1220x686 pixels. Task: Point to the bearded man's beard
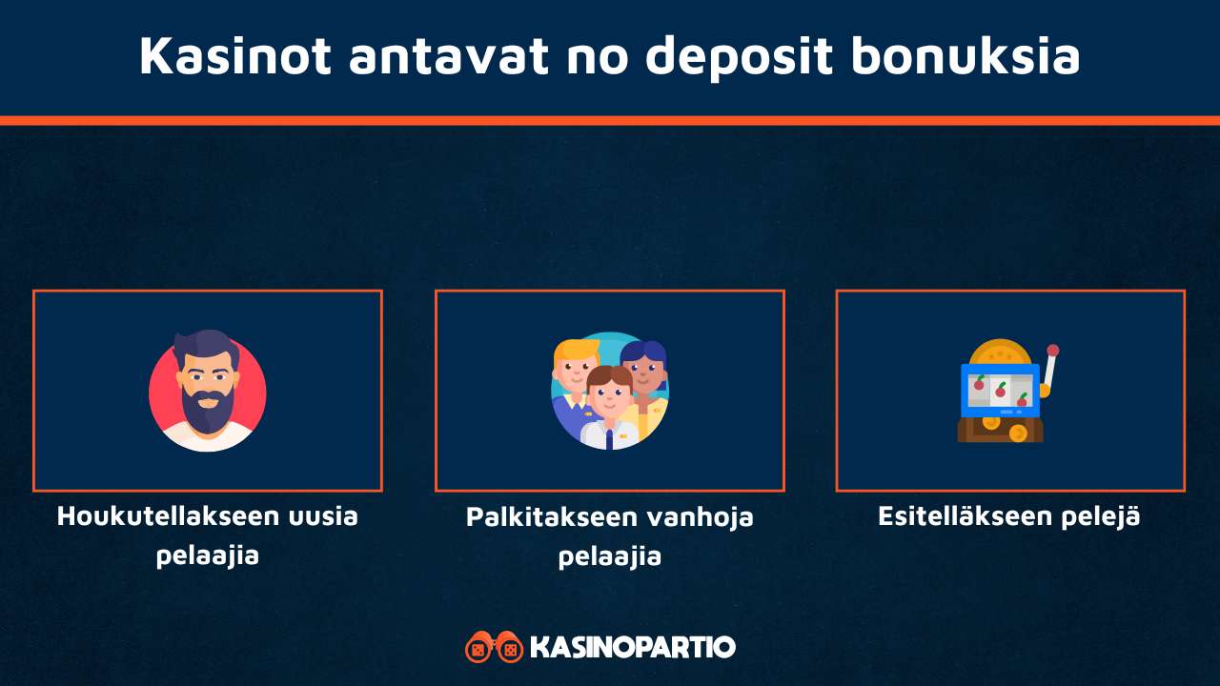coord(207,408)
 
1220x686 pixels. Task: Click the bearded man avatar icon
coord(208,391)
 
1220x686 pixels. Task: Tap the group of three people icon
coord(610,391)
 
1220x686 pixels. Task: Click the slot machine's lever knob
coord(1053,351)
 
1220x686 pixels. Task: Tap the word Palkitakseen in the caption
coord(550,517)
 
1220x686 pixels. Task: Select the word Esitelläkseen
coord(968,516)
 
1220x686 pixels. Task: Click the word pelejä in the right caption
coord(1104,516)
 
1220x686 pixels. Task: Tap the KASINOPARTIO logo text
coord(632,648)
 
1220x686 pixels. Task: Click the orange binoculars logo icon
coord(494,647)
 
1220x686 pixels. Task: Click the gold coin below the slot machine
coord(1017,434)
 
